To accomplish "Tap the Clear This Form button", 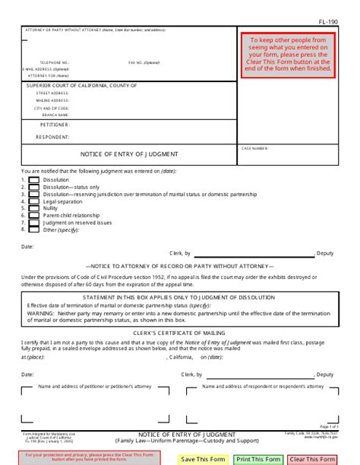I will point(311,459).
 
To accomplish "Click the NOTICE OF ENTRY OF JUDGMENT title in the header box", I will point(130,153).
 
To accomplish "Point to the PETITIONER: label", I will point(55,124).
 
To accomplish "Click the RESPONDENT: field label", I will point(54,137).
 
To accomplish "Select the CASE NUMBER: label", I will point(255,148).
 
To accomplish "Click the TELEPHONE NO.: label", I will point(55,62).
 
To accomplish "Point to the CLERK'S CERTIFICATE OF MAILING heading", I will point(180,333).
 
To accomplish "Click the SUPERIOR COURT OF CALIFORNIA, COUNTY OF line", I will point(81,86).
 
